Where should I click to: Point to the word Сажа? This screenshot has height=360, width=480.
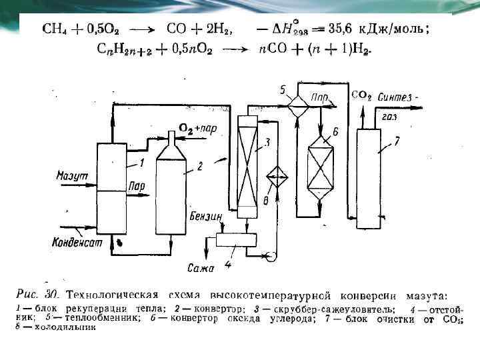[200, 269]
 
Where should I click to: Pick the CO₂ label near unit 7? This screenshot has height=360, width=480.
[361, 95]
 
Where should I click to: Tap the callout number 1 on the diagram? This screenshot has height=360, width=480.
[141, 162]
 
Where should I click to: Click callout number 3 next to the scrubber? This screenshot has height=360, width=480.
[267, 142]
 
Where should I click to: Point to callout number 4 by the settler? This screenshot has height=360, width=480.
[228, 265]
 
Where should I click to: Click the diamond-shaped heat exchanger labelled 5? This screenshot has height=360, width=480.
[296, 100]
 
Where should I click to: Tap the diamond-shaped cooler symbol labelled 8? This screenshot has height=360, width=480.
[274, 179]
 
